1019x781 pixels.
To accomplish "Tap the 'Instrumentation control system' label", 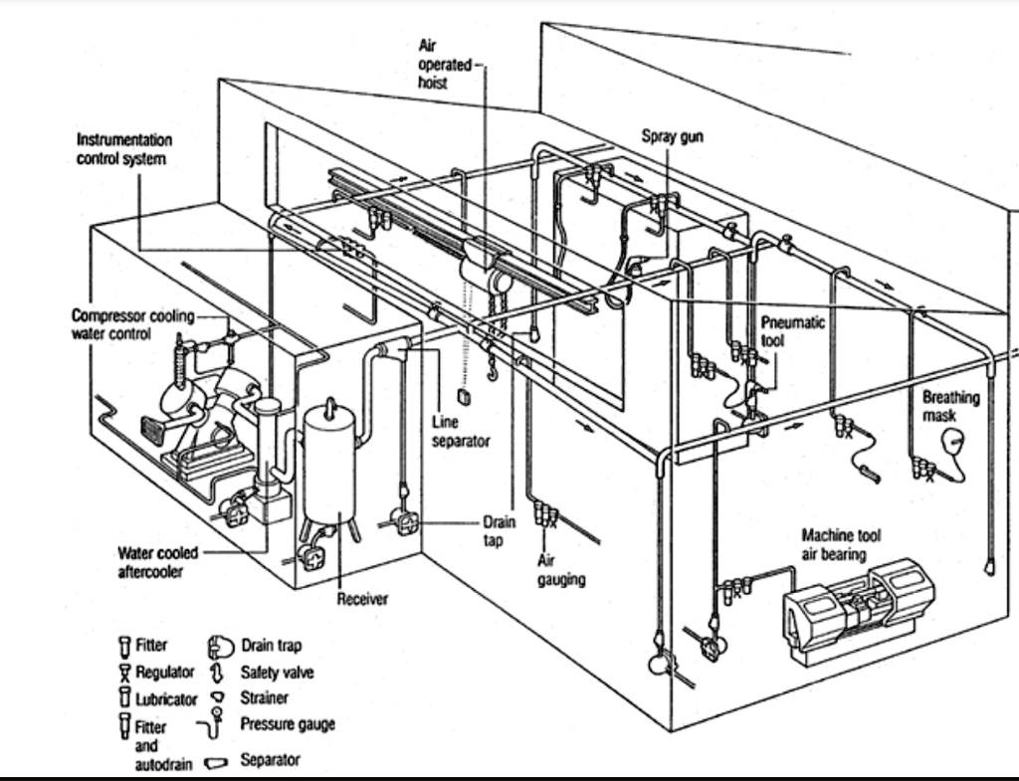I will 124,149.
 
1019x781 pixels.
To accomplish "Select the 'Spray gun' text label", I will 672,136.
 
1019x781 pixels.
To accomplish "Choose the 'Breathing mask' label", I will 950,405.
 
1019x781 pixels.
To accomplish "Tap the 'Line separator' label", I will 460,431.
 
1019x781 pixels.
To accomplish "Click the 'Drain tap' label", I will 499,530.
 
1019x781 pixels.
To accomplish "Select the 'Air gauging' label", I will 561,570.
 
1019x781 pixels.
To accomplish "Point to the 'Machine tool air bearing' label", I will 841,544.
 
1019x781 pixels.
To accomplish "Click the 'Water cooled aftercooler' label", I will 157,562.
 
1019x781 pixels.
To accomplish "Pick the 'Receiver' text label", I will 362,598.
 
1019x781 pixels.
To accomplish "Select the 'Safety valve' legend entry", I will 276,673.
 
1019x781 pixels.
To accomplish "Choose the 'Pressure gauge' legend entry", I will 286,724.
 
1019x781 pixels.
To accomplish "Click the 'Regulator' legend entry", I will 163,673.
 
